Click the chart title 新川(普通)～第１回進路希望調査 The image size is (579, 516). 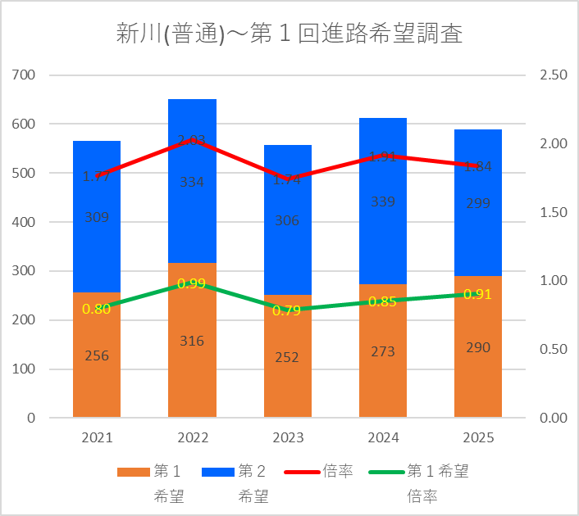click(x=289, y=34)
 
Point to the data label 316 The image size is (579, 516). click(x=192, y=341)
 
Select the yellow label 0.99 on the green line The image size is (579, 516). click(x=192, y=283)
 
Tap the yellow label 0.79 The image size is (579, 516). click(x=287, y=310)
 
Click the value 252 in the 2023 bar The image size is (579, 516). click(x=287, y=357)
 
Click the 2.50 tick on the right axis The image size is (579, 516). click(x=553, y=75)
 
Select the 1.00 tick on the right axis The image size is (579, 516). click(x=553, y=281)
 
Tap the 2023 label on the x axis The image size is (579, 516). click(x=287, y=438)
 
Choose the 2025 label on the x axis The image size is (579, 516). click(x=477, y=438)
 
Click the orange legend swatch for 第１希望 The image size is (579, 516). click(x=133, y=473)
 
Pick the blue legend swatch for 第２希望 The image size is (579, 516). click(x=218, y=473)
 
